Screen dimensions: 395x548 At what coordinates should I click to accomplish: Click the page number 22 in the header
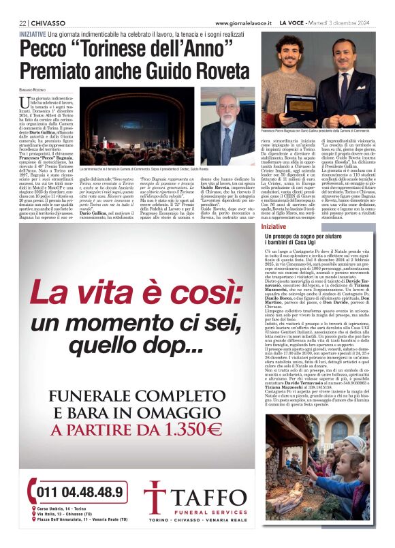pyautogui.click(x=22, y=22)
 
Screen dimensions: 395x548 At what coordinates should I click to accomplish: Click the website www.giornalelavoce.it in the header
pyautogui.click(x=234, y=22)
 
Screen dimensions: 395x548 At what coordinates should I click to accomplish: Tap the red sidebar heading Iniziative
pyautogui.click(x=274, y=226)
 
